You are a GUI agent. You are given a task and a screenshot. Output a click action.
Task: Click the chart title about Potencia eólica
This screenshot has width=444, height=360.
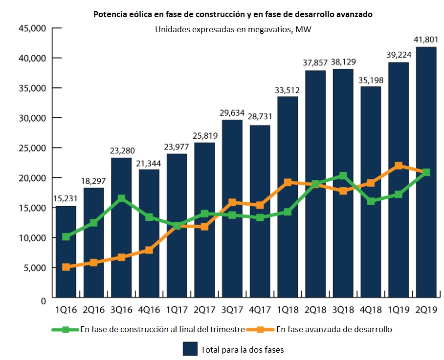pyautogui.click(x=233, y=15)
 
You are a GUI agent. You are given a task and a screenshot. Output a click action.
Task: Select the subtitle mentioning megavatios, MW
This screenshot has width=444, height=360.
pyautogui.click(x=233, y=29)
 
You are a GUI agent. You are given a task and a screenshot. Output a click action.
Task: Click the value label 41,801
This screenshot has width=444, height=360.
pyautogui.click(x=426, y=39)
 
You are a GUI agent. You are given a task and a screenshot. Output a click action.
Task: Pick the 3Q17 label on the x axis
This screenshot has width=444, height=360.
pyautogui.click(x=232, y=310)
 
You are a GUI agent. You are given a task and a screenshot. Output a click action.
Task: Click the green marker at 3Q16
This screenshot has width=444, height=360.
pyautogui.click(x=121, y=198)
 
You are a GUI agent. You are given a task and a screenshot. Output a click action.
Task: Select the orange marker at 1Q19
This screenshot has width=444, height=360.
pyautogui.click(x=399, y=166)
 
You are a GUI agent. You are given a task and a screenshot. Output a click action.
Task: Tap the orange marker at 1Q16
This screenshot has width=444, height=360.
pyautogui.click(x=66, y=267)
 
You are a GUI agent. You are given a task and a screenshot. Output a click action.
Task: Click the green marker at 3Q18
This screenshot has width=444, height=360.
pyautogui.click(x=343, y=176)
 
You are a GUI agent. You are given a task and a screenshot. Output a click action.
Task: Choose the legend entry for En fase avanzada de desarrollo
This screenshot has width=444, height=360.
pyautogui.click(x=334, y=329)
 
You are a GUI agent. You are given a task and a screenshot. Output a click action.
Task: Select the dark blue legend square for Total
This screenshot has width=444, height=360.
pyautogui.click(x=190, y=349)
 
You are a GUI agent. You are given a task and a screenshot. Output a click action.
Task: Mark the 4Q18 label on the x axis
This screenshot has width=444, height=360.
pyautogui.click(x=371, y=310)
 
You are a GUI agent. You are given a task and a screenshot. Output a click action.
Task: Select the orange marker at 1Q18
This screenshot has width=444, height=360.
pyautogui.click(x=288, y=182)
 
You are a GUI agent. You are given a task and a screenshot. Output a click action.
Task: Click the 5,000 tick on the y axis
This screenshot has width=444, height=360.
pyautogui.click(x=34, y=268)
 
